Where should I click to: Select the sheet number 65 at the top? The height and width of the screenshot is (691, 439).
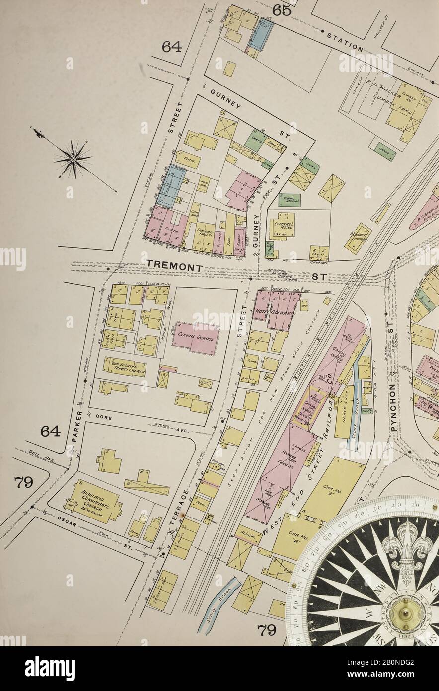[282, 10]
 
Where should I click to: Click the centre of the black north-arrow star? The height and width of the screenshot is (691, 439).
[73, 159]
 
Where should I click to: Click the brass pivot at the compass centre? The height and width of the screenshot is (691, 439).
[407, 614]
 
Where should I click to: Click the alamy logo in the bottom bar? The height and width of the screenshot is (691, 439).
[50, 669]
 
